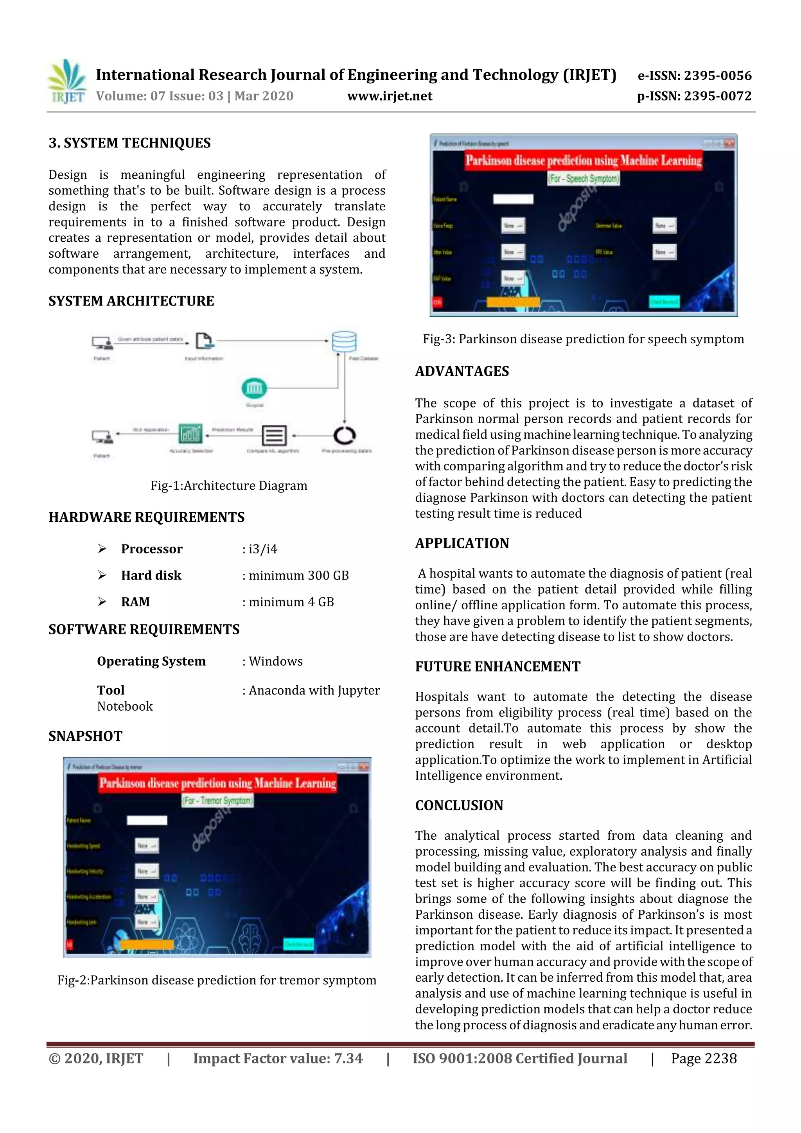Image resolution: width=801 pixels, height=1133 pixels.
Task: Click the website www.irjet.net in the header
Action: (390, 96)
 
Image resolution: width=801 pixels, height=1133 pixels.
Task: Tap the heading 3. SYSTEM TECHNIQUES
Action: (129, 143)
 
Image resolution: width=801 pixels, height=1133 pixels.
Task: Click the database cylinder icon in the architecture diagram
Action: (344, 341)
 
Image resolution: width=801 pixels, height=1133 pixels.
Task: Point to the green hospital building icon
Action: (254, 388)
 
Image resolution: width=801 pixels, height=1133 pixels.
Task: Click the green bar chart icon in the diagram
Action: (190, 434)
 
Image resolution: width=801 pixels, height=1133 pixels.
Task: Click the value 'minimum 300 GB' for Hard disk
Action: (298, 575)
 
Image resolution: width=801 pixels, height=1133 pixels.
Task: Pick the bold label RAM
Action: (135, 602)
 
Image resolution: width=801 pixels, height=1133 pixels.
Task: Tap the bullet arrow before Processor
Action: (102, 549)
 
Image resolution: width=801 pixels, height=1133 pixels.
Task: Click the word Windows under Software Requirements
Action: (275, 661)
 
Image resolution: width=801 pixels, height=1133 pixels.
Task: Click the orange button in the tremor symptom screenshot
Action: (147, 944)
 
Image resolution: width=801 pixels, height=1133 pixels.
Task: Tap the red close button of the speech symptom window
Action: (729, 144)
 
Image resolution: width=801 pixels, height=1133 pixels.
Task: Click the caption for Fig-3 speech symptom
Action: (583, 339)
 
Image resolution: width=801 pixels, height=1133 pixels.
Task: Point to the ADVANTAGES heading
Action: (462, 371)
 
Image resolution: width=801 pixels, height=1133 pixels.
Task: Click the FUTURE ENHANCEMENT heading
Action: (497, 667)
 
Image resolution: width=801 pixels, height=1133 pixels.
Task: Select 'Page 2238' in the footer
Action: (703, 1058)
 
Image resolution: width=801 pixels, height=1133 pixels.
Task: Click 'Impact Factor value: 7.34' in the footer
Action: (277, 1058)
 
